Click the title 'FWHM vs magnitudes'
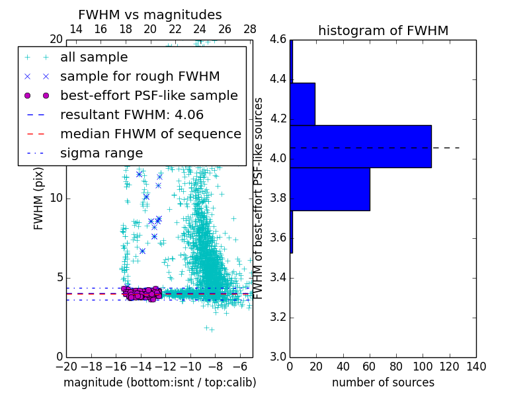[150, 15]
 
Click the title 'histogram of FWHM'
[383, 30]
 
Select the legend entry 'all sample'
[94, 58]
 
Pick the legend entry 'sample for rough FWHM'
[140, 77]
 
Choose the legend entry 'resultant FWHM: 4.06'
[130, 115]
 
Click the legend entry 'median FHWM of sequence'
[150, 134]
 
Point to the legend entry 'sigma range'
[101, 154]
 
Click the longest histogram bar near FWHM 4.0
[360, 146]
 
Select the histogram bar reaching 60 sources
[330, 189]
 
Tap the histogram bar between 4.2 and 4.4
[302, 104]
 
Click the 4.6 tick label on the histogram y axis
[277, 40]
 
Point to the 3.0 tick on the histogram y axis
[277, 357]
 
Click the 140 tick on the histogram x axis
[476, 367]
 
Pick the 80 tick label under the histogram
[396, 367]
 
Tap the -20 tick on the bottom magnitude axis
[66, 367]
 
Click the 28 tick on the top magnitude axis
[250, 30]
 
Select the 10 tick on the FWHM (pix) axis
[56, 198]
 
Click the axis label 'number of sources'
[383, 382]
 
